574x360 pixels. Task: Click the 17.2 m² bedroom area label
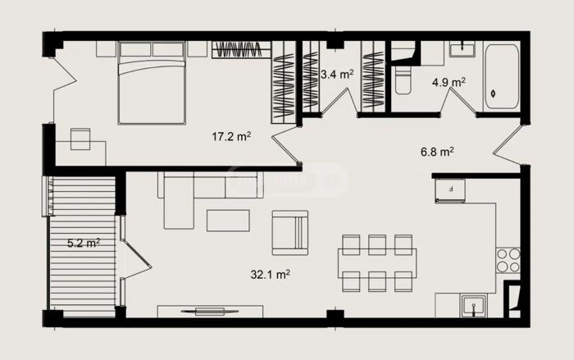point(231,137)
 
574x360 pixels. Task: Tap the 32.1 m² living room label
point(271,274)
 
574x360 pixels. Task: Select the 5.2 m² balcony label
point(84,243)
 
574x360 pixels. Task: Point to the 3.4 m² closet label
point(337,75)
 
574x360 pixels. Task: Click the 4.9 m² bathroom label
point(449,82)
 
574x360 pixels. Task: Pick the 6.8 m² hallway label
point(437,151)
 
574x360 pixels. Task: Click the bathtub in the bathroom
point(502,76)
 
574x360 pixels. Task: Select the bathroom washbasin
point(462,49)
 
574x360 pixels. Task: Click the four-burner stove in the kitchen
point(508,260)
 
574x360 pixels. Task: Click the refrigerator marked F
point(450,190)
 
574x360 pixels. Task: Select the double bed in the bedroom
point(152,83)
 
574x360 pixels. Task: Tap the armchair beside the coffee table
point(290,233)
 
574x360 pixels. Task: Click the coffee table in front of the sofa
point(228,220)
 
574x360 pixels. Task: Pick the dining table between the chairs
point(377,263)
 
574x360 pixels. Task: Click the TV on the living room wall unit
point(210,312)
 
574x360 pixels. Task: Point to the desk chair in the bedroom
point(80,139)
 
